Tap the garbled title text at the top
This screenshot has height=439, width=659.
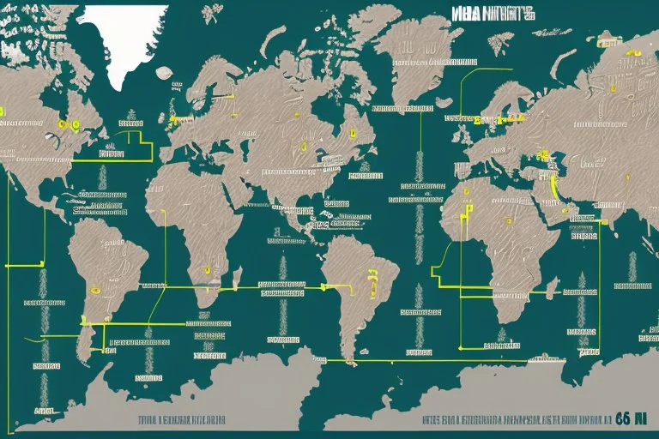tap(493, 14)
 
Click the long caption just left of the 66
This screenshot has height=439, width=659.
tap(515, 420)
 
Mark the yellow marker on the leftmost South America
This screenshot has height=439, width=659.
tap(96, 289)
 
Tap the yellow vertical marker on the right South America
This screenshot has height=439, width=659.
tap(373, 275)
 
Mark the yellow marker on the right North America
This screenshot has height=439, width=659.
tap(352, 133)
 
